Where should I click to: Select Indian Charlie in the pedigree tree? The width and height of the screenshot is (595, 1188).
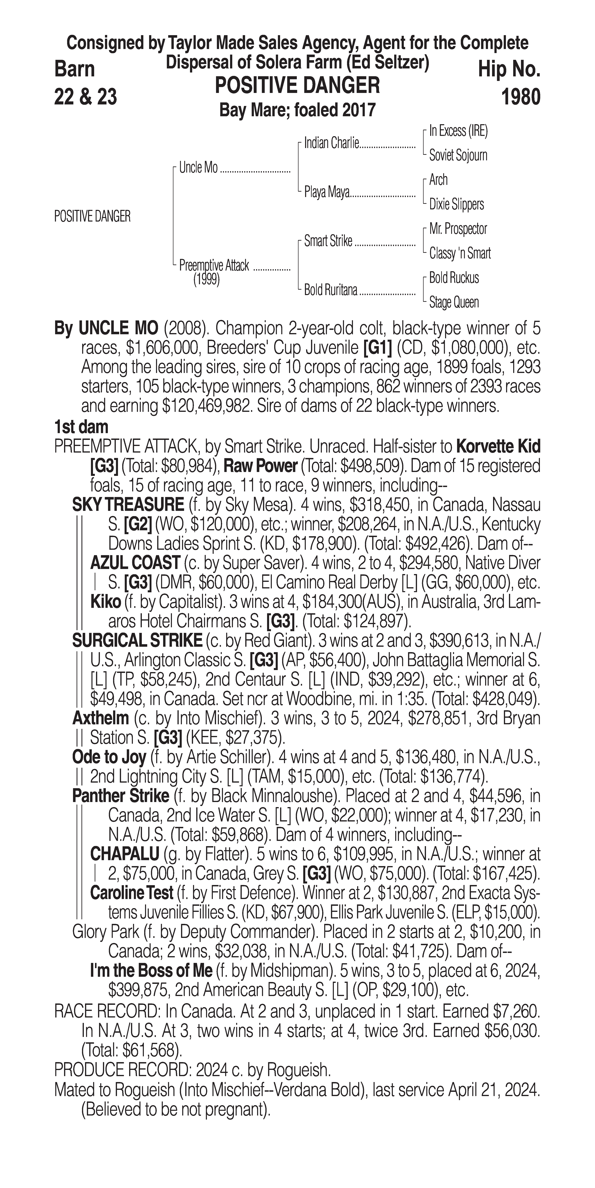(331, 143)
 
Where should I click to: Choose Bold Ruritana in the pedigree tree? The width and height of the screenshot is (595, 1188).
(330, 290)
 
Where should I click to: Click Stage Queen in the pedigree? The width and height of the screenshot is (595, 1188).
(454, 302)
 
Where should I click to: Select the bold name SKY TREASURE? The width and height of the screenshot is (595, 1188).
(128, 505)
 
